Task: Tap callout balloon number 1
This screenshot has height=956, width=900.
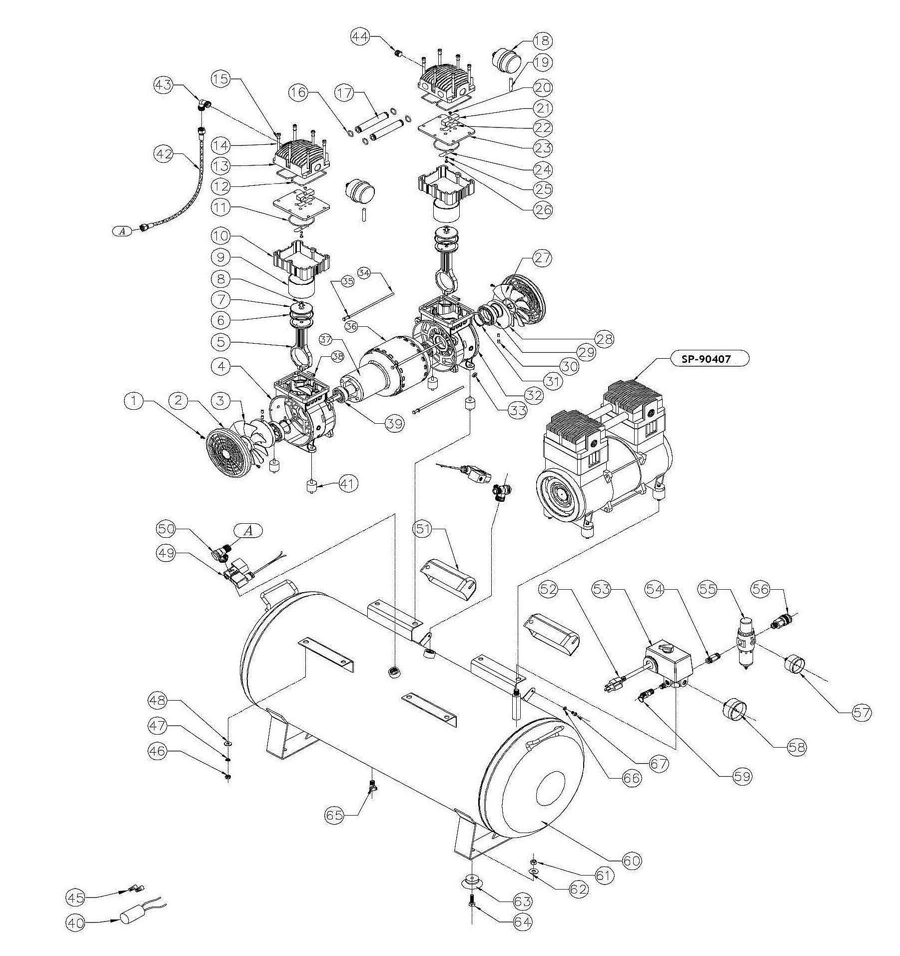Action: click(133, 400)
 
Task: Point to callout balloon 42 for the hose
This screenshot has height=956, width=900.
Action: click(162, 154)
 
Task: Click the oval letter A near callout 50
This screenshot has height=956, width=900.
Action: click(248, 532)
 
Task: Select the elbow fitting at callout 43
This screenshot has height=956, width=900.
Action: click(202, 105)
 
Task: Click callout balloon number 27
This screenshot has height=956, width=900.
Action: click(543, 258)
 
